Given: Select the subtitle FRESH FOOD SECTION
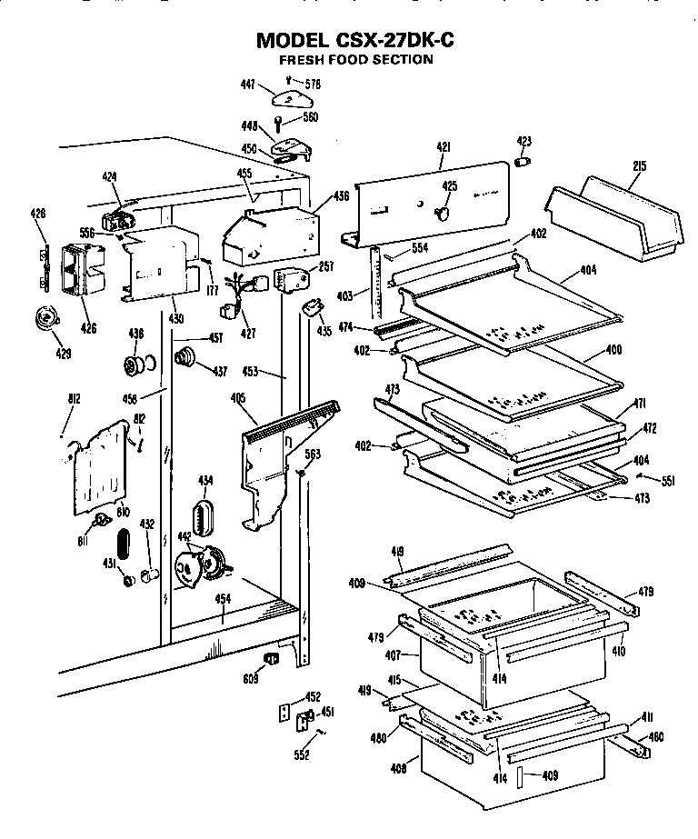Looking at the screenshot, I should (355, 60).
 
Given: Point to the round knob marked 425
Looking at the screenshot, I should (443, 213).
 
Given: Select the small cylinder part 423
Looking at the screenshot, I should (523, 161).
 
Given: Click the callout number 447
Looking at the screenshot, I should (247, 84).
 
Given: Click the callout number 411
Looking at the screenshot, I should (646, 718).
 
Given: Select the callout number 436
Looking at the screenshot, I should (341, 195).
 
